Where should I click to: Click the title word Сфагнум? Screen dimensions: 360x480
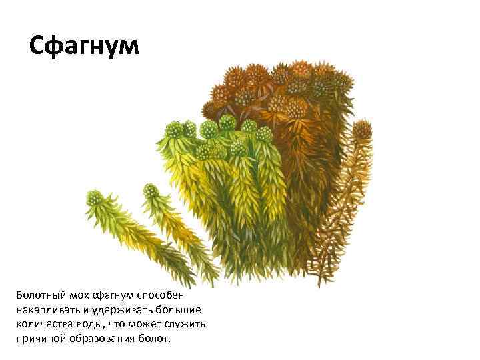(85, 46)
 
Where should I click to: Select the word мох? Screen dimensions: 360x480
(75, 295)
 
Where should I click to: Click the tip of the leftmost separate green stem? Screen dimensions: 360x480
(95, 199)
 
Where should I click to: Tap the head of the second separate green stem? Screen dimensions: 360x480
(150, 192)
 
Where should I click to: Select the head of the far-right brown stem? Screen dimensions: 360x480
(362, 129)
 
